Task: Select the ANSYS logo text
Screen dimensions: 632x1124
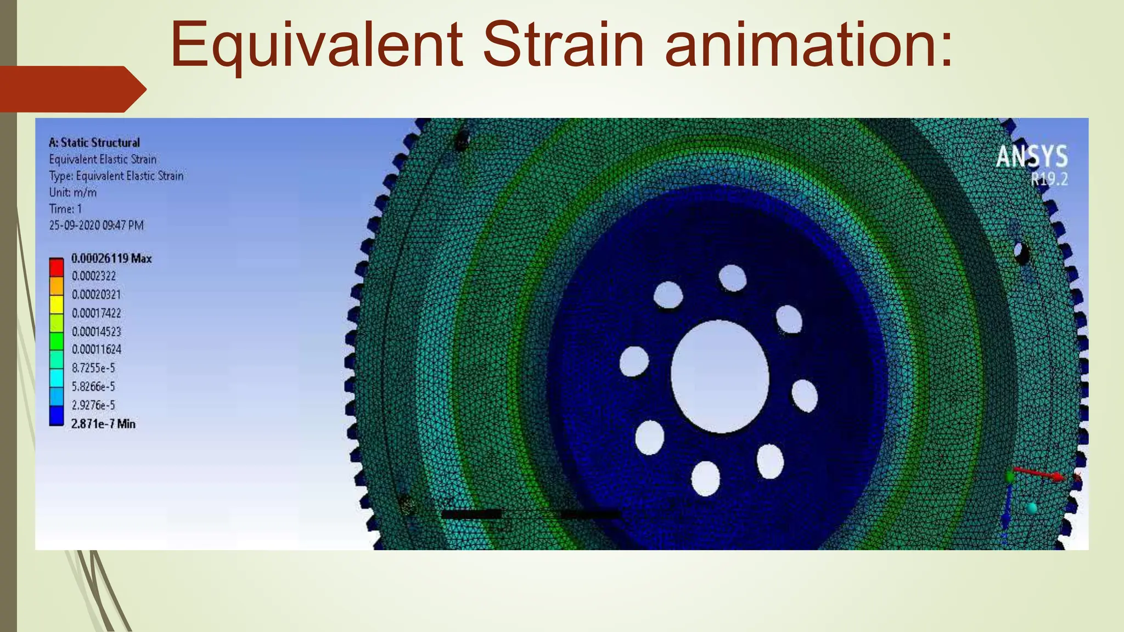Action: (1032, 156)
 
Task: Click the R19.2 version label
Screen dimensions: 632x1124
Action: (1049, 179)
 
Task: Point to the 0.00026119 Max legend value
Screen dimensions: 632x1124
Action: (111, 258)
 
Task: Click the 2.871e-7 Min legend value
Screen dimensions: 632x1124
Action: (103, 424)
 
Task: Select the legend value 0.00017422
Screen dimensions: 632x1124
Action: (97, 313)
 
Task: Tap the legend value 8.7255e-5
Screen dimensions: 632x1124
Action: (93, 368)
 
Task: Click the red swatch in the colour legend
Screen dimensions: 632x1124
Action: (57, 268)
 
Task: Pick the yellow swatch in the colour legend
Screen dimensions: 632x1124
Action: (57, 304)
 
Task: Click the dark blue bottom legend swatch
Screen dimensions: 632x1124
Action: (57, 415)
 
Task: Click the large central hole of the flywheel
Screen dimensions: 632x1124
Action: (720, 376)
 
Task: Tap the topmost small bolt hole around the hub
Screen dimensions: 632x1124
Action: (732, 278)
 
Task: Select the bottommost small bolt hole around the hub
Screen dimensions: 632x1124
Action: (705, 478)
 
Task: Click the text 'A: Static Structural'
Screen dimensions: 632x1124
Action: (94, 143)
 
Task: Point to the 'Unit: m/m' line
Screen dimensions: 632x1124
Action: (72, 193)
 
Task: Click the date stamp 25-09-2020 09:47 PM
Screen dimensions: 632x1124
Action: (96, 225)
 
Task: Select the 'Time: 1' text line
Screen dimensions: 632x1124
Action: (65, 209)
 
